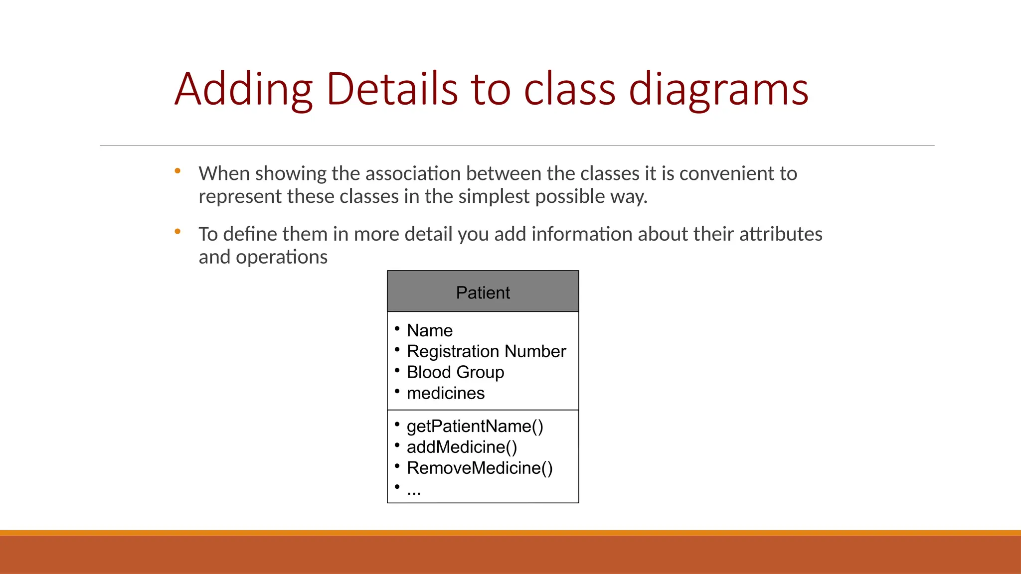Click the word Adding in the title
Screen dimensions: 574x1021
(x=243, y=90)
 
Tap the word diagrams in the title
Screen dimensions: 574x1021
(x=718, y=90)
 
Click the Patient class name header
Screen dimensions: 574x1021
(x=483, y=292)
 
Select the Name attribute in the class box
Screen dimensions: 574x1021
(x=429, y=330)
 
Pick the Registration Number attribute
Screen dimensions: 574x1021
(x=486, y=351)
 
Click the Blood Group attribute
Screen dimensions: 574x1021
(x=455, y=372)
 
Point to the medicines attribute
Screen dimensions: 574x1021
(x=445, y=393)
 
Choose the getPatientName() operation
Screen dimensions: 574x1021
(x=475, y=427)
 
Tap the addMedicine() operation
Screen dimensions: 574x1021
(x=462, y=447)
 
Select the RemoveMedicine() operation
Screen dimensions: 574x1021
(x=480, y=468)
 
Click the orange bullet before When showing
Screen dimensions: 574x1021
(x=177, y=171)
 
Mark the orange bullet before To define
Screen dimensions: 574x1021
(x=177, y=232)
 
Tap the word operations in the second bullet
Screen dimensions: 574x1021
(x=281, y=257)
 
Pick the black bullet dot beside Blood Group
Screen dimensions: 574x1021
(x=397, y=370)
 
